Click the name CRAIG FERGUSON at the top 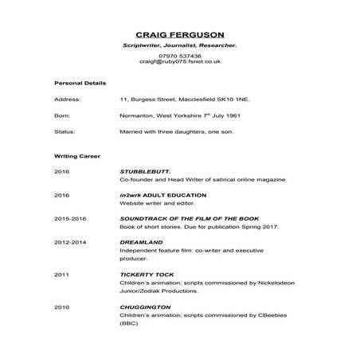point(179,34)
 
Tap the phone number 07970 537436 point(179,55)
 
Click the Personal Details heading point(80,83)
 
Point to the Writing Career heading point(76,156)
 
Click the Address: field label point(67,100)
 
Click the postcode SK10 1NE point(233,100)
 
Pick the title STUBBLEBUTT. point(145,171)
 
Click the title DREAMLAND point(141,240)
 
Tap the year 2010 point(62,307)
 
